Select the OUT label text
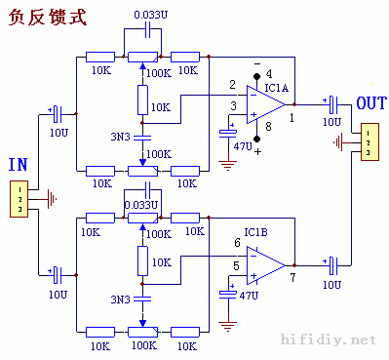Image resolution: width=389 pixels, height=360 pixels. point(371,103)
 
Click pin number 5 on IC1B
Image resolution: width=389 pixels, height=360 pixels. point(235,263)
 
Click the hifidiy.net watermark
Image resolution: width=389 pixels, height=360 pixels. point(328,340)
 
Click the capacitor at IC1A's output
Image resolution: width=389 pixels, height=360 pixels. point(332,101)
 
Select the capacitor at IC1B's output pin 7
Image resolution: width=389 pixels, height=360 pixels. point(332,262)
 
